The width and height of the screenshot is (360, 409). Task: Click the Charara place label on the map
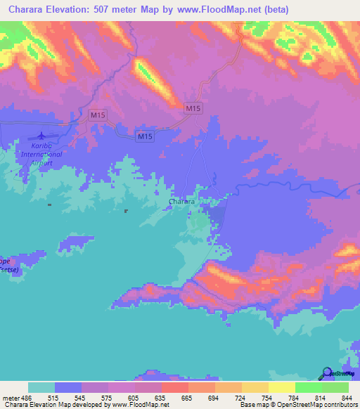(181, 202)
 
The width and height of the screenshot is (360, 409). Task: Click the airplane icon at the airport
(40, 135)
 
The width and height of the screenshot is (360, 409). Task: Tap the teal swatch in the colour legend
(41, 388)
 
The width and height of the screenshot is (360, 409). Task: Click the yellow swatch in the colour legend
(282, 388)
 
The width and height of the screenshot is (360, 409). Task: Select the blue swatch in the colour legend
(68, 388)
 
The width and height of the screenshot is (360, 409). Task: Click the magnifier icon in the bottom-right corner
(326, 373)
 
